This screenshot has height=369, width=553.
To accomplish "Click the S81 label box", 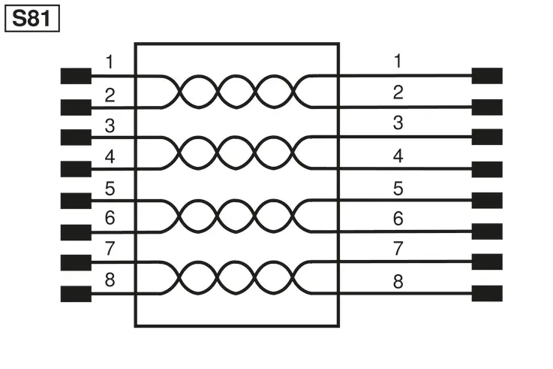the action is coord(32,18).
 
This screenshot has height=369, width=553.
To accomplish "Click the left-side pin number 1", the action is coord(110,62).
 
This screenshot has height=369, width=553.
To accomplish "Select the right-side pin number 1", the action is coord(398,61).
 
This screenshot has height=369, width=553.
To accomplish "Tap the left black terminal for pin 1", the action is coord(76,76).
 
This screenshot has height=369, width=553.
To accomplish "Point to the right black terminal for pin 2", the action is coord(487,107).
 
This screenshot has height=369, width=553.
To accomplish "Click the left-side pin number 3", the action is coord(110,126).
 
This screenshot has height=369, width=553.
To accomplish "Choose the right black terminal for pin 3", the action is coord(487,137).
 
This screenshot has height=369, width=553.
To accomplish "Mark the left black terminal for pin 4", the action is coord(76,169).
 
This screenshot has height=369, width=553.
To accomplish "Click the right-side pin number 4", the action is coord(398,156).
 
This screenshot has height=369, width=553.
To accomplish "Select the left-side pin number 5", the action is coord(110,189).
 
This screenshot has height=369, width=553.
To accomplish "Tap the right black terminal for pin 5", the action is coord(487,200).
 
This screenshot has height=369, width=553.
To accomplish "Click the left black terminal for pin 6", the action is coord(76,232).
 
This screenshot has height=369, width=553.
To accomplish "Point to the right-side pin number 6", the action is coord(398,219).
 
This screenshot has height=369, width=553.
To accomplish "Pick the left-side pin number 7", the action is coord(110,248).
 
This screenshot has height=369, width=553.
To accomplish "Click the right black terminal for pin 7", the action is coord(487,262).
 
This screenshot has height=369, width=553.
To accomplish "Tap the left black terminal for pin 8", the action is coord(76,294).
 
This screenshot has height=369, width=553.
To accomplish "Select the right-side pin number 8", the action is coord(398,282).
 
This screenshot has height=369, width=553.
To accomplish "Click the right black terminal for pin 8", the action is coord(487,293).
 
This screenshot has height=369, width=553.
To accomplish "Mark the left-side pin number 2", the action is coord(110,95).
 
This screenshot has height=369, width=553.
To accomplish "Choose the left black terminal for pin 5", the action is coord(76,201).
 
